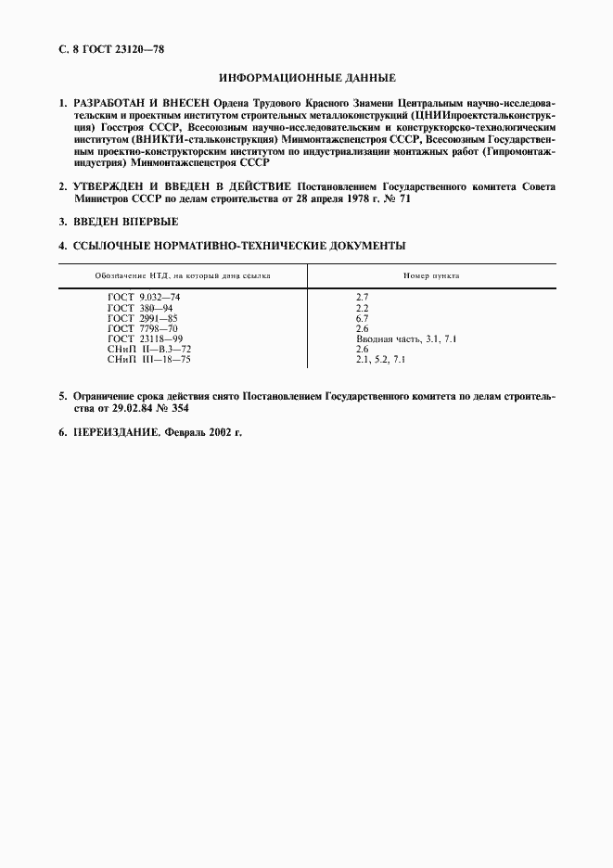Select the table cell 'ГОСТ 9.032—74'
[144, 297]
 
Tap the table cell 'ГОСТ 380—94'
[140, 307]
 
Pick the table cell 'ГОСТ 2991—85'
[143, 317]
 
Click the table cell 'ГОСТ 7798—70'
[143, 328]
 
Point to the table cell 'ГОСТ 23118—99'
[146, 338]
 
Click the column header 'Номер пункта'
[431, 276]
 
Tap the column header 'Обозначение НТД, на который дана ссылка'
[183, 276]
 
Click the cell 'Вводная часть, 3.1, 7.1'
[406, 338]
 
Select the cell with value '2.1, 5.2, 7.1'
[381, 359]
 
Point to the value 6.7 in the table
[363, 317]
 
